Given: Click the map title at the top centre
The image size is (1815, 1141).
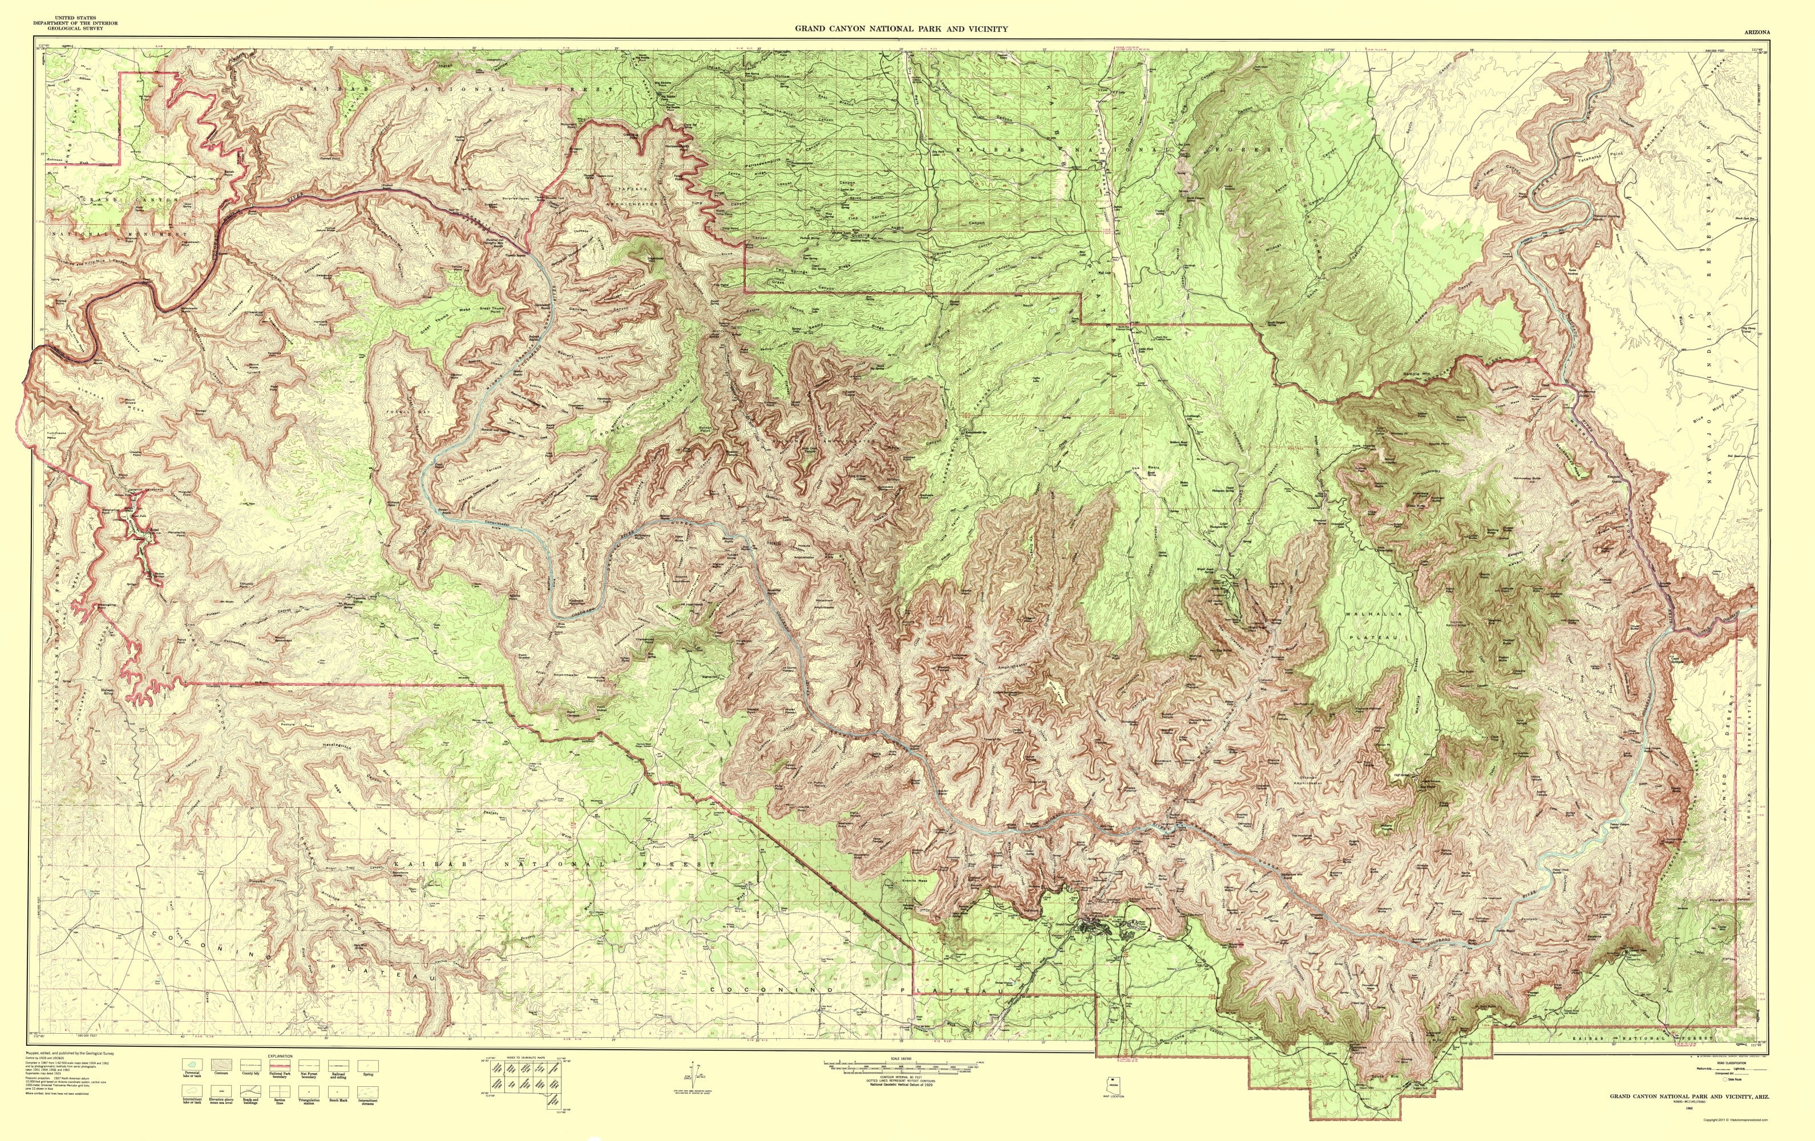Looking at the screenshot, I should [902, 29].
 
